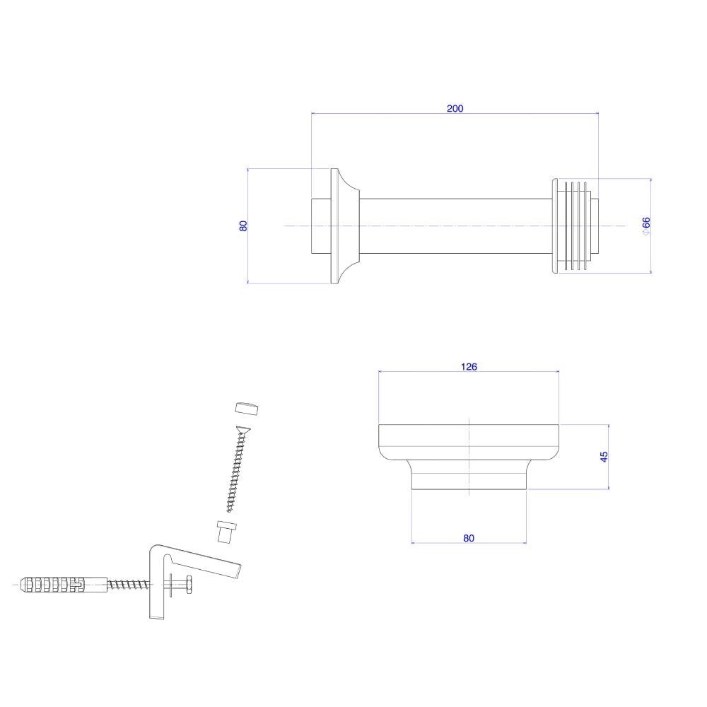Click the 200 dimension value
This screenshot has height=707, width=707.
(x=455, y=108)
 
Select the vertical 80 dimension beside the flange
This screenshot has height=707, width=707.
(x=243, y=226)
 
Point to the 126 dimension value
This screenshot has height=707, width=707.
(x=469, y=366)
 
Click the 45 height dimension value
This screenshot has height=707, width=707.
(x=604, y=457)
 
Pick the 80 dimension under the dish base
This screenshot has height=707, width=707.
(x=469, y=538)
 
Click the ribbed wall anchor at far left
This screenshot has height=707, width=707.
(x=53, y=585)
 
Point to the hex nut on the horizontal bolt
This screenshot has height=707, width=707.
(x=189, y=585)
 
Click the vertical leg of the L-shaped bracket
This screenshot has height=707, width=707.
(x=158, y=587)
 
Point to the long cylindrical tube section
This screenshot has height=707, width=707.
(x=452, y=226)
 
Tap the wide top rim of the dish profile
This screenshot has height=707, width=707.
(x=469, y=436)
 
